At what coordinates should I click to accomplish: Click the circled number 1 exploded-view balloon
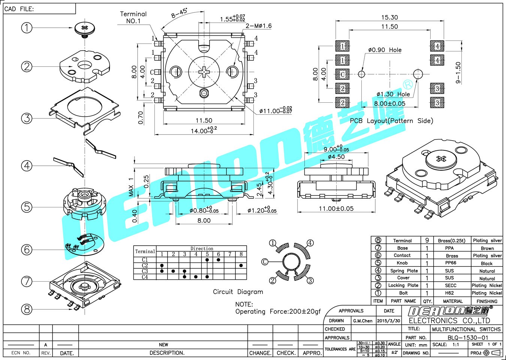pyautogui.click(x=27, y=27)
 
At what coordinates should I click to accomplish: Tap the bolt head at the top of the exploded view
pyautogui.click(x=84, y=28)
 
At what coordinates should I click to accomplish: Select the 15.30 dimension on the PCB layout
pyautogui.click(x=389, y=18)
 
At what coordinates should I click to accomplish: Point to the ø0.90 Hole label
pyautogui.click(x=385, y=50)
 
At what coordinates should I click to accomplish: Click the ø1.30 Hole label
pyautogui.click(x=393, y=94)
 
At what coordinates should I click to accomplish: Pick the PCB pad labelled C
pyautogui.click(x=342, y=74)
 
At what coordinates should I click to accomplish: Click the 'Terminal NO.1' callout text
pyautogui.click(x=133, y=17)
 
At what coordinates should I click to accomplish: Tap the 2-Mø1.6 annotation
pyautogui.click(x=258, y=26)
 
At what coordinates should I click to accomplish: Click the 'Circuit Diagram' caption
pyautogui.click(x=238, y=292)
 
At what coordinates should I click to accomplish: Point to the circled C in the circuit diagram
pyautogui.click(x=265, y=262)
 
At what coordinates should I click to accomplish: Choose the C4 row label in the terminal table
pyautogui.click(x=145, y=277)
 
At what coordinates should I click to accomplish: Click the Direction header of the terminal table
pyautogui.click(x=202, y=249)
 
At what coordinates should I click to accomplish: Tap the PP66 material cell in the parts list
pyautogui.click(x=451, y=263)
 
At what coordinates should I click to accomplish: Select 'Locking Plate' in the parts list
pyautogui.click(x=403, y=285)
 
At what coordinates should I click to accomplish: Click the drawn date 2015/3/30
pyautogui.click(x=388, y=321)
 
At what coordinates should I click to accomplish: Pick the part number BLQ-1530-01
pyautogui.click(x=468, y=337)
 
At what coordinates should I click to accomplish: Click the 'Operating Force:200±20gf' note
pyautogui.click(x=278, y=312)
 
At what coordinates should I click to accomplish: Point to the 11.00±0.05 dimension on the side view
pyautogui.click(x=336, y=208)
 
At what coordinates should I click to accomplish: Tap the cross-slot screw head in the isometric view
pyautogui.click(x=441, y=159)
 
